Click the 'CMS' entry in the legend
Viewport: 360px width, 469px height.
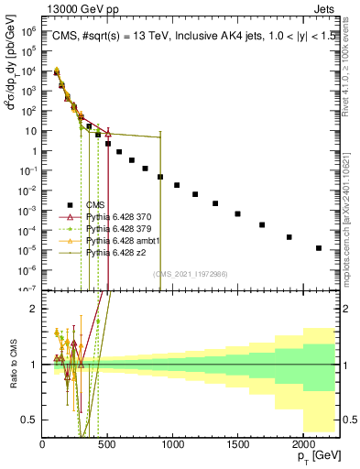pyautogui.click(x=96, y=205)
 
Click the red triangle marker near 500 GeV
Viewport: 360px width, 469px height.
pyautogui.click(x=107, y=135)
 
